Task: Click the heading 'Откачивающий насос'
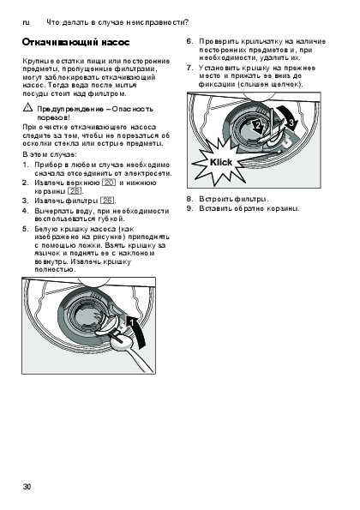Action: point(75,43)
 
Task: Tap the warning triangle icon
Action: point(27,107)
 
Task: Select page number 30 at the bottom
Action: point(27,487)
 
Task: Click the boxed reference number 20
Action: point(109,183)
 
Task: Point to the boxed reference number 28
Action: point(75,191)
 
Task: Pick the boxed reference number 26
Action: point(107,201)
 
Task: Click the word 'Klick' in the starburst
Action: point(221,162)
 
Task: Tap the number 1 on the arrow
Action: point(131,322)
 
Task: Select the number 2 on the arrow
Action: point(258,125)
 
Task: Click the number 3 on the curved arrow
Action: point(291,123)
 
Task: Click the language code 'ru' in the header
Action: point(26,22)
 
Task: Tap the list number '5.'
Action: point(26,229)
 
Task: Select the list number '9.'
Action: point(190,208)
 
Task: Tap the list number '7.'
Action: point(190,68)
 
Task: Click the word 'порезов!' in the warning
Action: point(54,117)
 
